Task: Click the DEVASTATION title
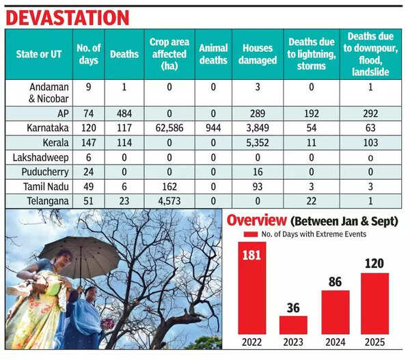click(x=67, y=17)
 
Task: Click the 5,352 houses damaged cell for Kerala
click(x=259, y=142)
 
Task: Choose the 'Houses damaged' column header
click(x=259, y=54)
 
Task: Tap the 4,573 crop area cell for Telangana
click(x=169, y=202)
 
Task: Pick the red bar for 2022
click(x=252, y=287)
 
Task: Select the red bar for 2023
click(x=293, y=324)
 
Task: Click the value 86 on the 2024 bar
click(x=335, y=279)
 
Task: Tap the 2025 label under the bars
click(x=374, y=342)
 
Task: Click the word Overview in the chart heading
click(x=257, y=221)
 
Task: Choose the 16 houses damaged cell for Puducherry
click(x=259, y=172)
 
